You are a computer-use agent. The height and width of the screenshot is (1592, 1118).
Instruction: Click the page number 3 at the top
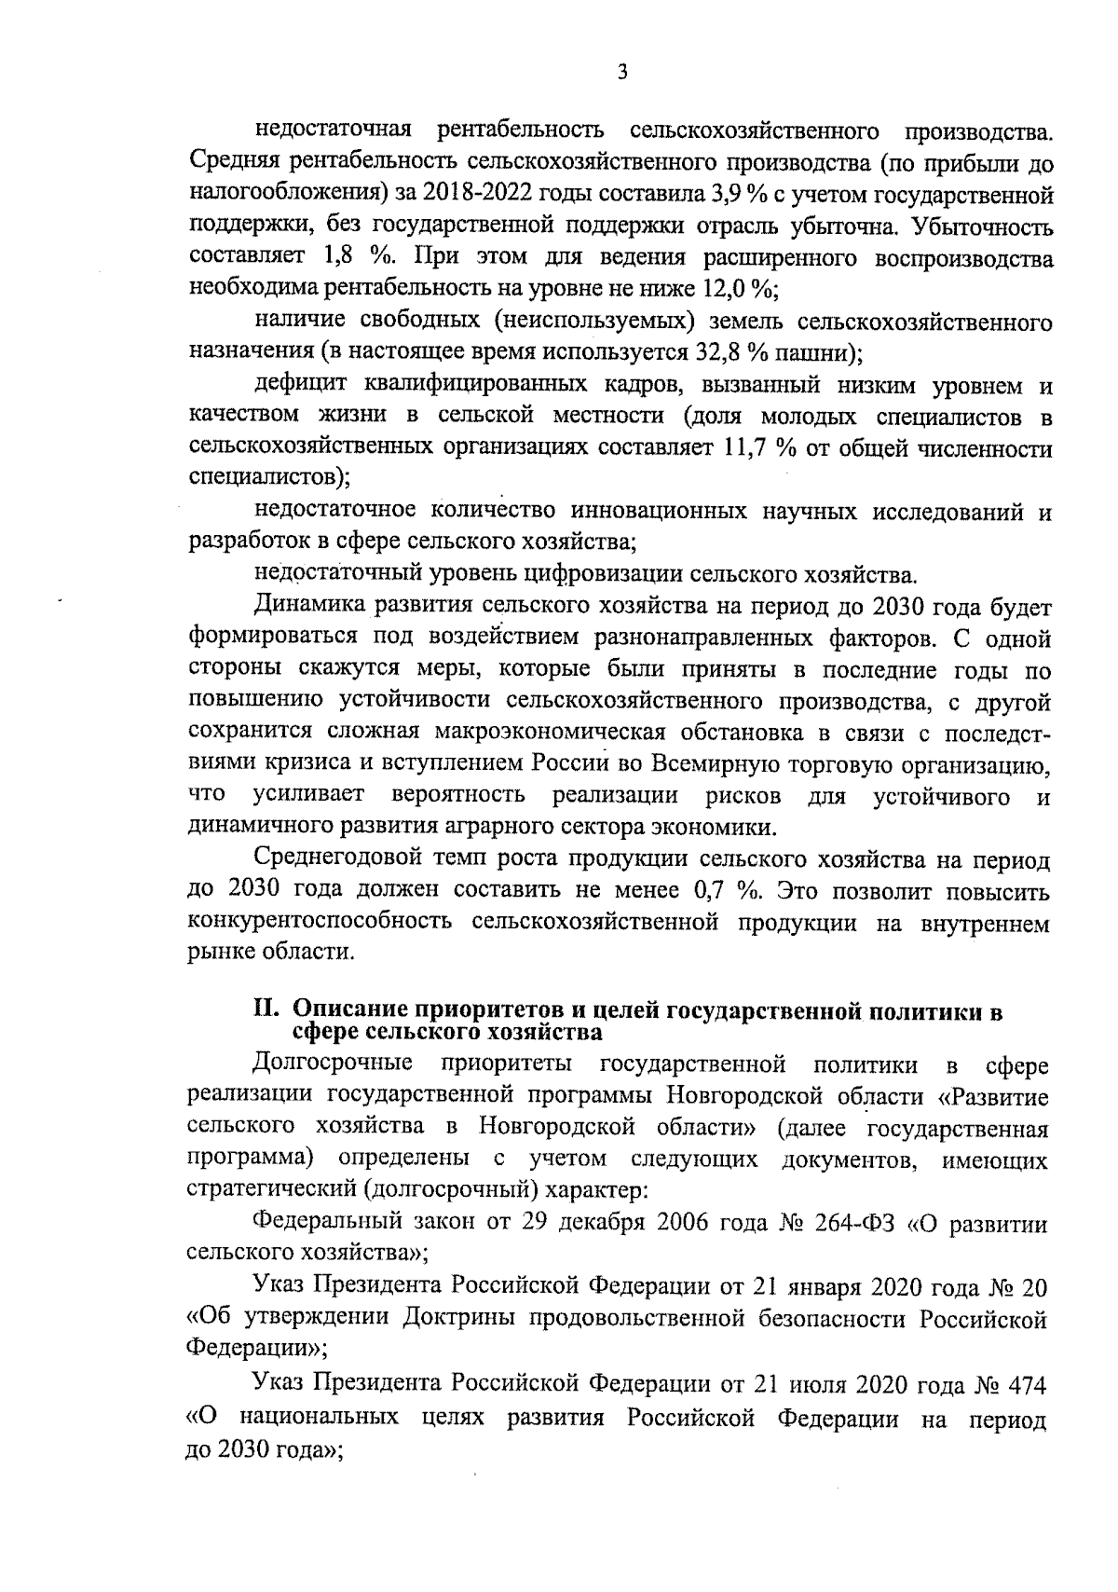621,72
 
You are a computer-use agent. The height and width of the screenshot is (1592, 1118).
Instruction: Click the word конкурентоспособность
320,923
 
